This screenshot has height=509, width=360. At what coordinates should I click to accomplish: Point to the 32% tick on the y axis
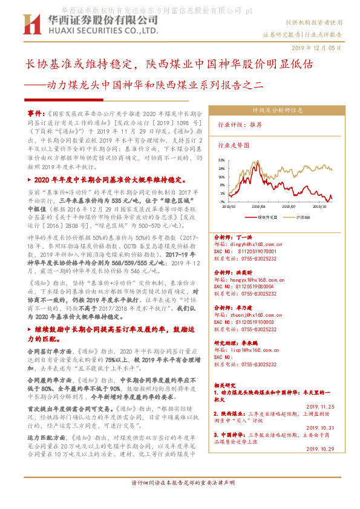[x=221, y=160]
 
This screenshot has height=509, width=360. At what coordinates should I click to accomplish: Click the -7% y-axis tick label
[x=221, y=202]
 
